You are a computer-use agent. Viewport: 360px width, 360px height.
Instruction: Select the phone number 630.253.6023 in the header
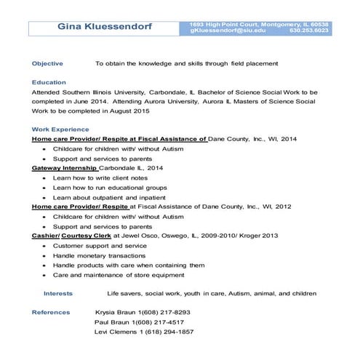click(308, 31)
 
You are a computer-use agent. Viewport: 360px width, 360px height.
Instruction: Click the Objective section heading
click(47, 63)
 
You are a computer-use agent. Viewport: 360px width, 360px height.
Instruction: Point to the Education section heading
click(49, 82)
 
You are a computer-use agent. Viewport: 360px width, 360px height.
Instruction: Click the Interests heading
click(58, 293)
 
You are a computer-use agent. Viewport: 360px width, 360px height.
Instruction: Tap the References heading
click(51, 312)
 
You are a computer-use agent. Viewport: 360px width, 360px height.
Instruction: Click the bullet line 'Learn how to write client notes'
click(100, 177)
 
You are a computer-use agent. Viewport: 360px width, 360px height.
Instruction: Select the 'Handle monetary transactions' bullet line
click(99, 255)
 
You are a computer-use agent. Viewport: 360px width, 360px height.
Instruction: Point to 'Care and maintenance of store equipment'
click(118, 275)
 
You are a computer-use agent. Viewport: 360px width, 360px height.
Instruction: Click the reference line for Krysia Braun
click(143, 312)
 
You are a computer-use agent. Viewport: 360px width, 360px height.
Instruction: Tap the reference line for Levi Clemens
click(144, 332)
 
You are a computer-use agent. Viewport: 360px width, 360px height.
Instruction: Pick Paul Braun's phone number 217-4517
click(174, 321)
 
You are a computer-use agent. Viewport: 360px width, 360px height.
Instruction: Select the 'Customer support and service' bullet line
click(100, 246)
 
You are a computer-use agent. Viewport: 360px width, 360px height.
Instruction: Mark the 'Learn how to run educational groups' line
click(109, 187)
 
